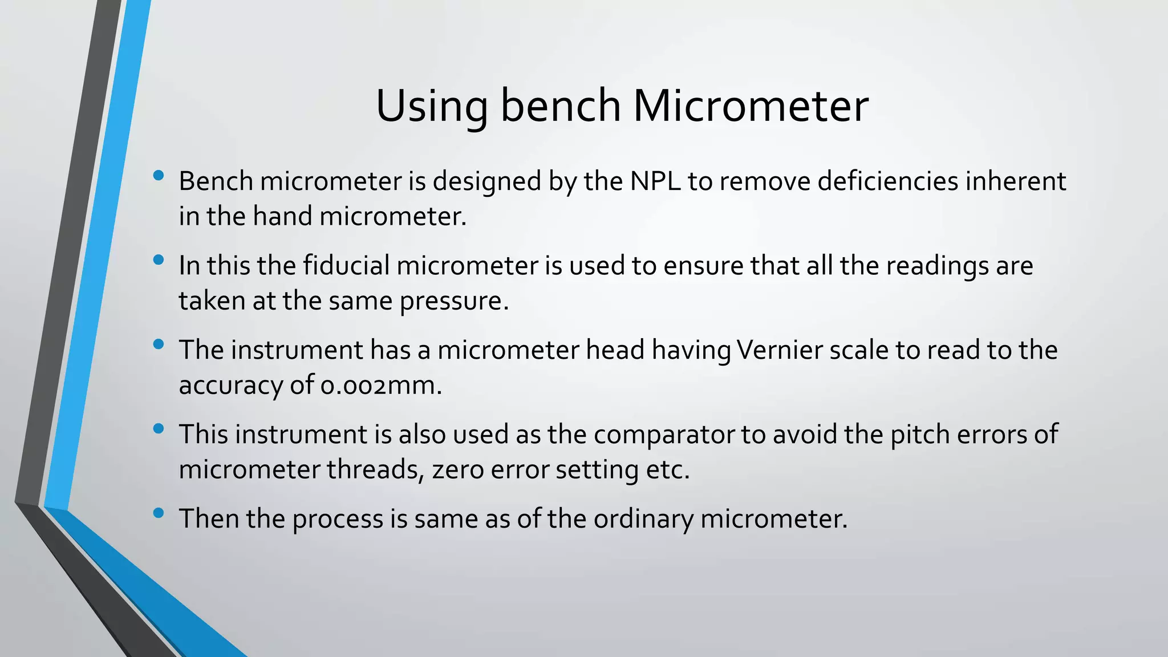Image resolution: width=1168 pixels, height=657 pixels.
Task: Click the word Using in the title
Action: [431, 107]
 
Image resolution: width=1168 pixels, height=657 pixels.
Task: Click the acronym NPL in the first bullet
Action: [655, 181]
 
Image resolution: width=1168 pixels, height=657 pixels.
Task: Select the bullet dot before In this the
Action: [159, 260]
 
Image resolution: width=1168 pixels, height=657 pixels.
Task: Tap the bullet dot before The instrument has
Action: [159, 344]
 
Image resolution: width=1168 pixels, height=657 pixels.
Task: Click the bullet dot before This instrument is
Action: [159, 428]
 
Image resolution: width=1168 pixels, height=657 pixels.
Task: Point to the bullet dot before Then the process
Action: [159, 513]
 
